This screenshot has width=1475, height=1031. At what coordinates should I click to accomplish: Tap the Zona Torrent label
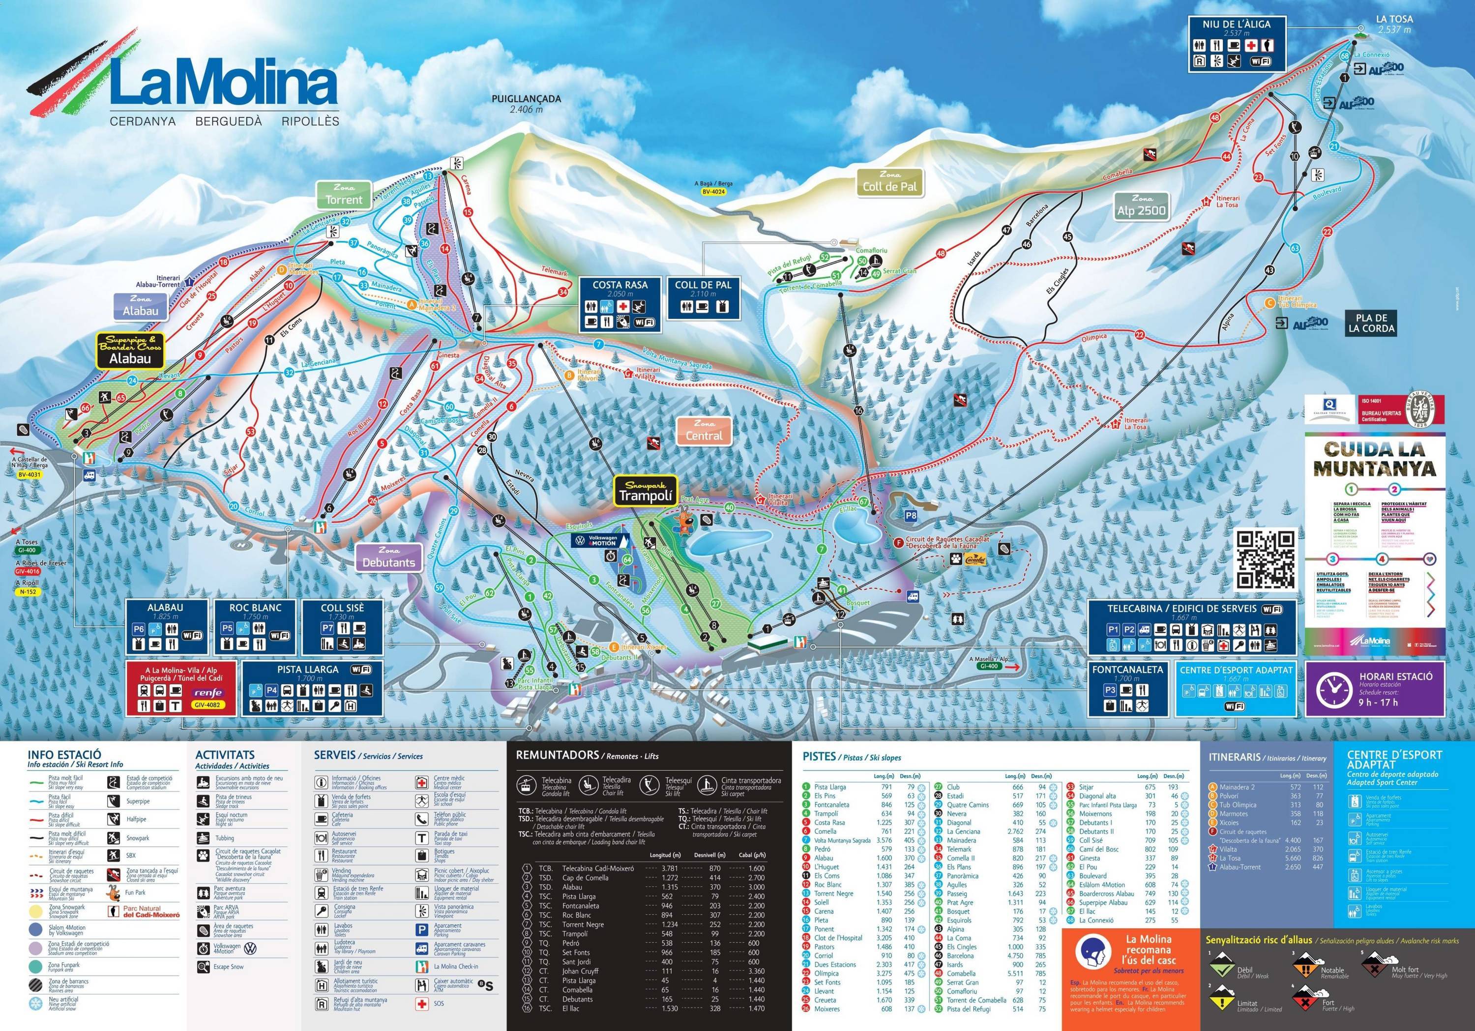344,195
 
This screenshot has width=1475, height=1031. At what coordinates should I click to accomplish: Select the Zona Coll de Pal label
890,182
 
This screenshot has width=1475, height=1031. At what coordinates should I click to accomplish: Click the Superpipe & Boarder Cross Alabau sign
130,351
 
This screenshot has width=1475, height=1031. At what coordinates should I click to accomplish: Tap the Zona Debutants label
389,558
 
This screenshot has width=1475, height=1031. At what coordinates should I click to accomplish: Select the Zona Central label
704,430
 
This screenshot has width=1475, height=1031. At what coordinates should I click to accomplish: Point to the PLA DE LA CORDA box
1372,323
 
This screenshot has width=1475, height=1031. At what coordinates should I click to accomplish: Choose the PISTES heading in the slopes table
819,757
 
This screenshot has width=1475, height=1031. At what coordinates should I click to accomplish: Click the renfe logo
208,692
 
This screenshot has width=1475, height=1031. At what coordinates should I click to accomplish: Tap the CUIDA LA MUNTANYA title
1375,459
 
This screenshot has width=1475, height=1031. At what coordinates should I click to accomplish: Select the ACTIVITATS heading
225,755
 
